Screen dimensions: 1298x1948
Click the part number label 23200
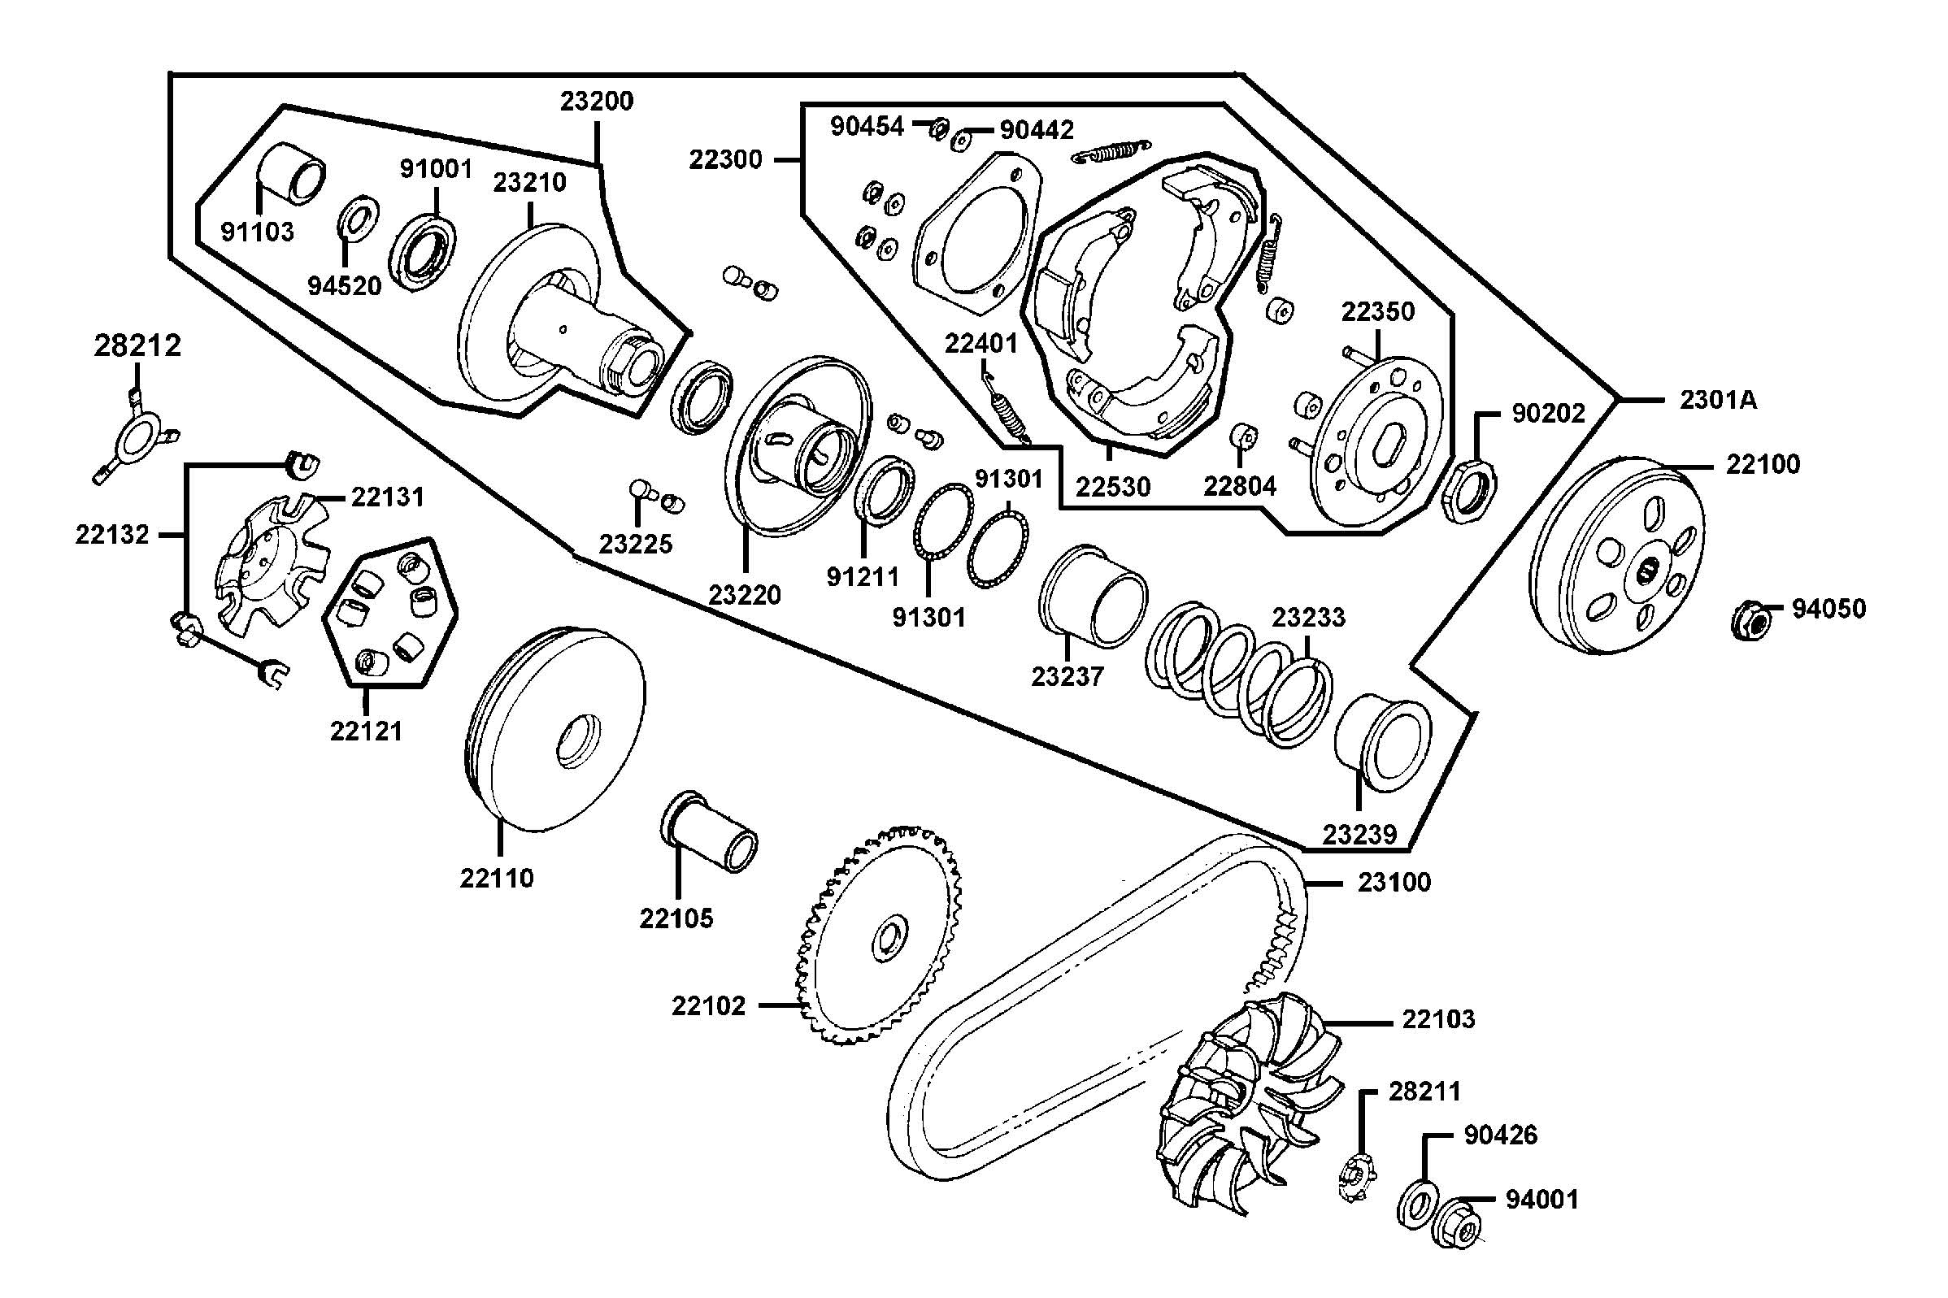(596, 101)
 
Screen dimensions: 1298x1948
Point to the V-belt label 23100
(1394, 883)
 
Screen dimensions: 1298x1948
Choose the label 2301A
(1718, 401)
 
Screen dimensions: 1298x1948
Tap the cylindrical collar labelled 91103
(292, 172)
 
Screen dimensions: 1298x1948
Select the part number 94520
(345, 286)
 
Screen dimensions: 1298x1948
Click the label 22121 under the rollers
(366, 731)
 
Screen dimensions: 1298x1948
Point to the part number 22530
(1113, 487)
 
